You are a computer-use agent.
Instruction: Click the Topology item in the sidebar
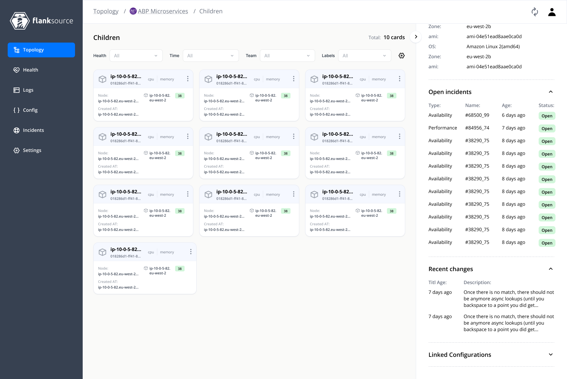(41, 50)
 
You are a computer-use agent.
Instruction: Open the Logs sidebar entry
(28, 90)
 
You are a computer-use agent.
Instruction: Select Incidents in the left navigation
(33, 130)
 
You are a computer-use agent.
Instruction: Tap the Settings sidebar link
(32, 150)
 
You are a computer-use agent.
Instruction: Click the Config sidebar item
(30, 110)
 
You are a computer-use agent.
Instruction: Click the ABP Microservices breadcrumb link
(163, 11)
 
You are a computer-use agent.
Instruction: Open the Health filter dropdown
(136, 56)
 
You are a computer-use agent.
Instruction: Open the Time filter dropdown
(211, 56)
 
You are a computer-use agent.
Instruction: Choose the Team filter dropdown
(287, 56)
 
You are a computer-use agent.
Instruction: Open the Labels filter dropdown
(364, 56)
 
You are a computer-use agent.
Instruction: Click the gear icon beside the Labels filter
(402, 56)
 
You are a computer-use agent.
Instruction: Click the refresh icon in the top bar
(535, 12)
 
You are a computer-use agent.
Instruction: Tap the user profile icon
(552, 12)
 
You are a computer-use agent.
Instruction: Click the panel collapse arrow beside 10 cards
(416, 37)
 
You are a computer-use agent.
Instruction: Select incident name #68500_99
(477, 115)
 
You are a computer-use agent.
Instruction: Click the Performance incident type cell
(442, 128)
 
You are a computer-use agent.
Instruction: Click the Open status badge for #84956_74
(547, 129)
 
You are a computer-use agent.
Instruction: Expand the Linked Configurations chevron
(551, 354)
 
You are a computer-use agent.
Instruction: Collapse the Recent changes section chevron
(551, 269)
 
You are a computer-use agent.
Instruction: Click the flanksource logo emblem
(19, 21)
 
